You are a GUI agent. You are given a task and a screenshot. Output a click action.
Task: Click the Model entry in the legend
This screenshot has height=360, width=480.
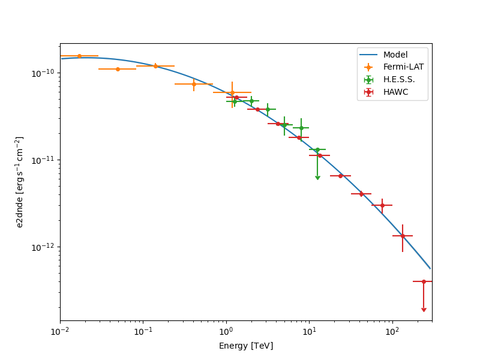point(395,55)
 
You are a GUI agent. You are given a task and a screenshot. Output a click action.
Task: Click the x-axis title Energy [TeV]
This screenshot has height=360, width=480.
point(245,346)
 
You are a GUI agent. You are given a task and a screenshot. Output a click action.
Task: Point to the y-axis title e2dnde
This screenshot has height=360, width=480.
point(20,182)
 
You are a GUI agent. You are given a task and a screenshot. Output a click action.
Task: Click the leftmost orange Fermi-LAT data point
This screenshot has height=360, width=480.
point(79,56)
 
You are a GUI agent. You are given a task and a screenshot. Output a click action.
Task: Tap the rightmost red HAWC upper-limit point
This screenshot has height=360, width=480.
point(424,281)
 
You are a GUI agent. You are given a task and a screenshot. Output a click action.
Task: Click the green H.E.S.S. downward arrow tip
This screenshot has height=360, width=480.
point(317,178)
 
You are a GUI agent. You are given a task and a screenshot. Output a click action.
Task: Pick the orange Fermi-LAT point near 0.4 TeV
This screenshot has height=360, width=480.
point(194,84)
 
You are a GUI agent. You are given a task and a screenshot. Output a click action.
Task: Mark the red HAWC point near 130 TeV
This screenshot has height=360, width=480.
point(403,236)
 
